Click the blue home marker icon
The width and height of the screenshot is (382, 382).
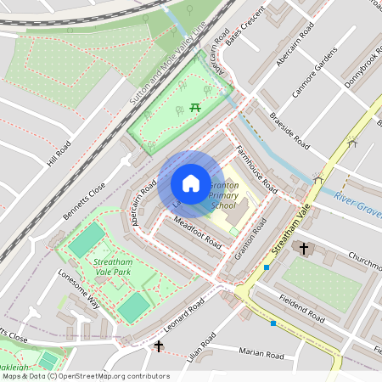click(191, 183)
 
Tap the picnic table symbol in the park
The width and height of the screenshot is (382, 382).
click(195, 106)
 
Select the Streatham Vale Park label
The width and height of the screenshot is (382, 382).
click(113, 268)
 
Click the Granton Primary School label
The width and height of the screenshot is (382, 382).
click(223, 194)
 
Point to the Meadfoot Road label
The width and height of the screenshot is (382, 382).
click(197, 233)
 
